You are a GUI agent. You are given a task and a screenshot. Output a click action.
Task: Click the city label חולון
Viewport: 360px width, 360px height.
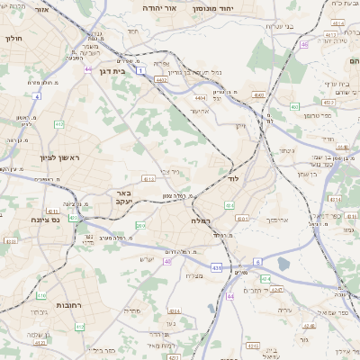click(13, 39)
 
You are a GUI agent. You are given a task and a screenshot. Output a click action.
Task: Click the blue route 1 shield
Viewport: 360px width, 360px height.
click(140, 68)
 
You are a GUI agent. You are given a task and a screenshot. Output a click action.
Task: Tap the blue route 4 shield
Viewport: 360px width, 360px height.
click(37, 94)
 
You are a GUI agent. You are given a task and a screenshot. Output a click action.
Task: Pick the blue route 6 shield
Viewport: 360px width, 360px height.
click(256, 262)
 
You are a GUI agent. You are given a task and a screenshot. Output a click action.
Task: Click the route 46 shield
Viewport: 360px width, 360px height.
click(305, 43)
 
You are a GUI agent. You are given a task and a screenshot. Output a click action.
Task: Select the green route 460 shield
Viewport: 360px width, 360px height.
click(295, 106)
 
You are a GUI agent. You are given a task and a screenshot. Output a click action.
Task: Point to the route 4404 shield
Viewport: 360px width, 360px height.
click(200, 96)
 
